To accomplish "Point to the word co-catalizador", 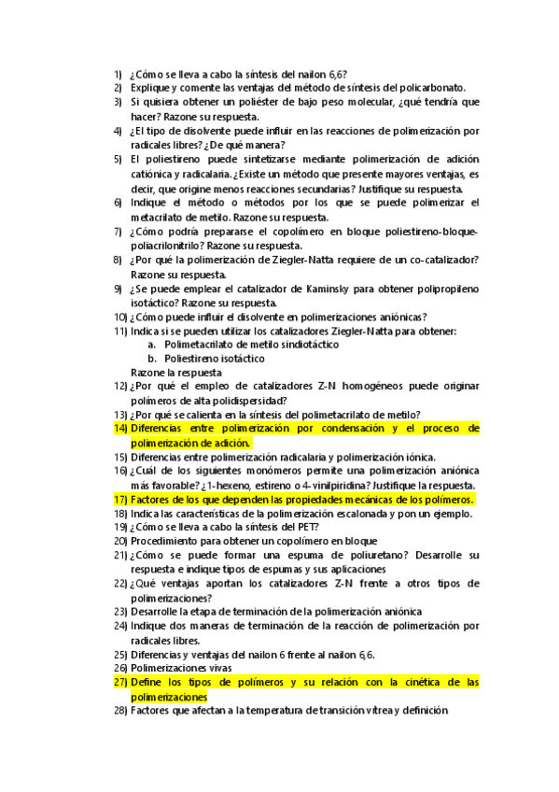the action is pos(442,260).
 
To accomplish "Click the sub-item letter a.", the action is pos(152,345).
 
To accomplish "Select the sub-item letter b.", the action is pos(152,359).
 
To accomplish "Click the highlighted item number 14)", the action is pos(120,429).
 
